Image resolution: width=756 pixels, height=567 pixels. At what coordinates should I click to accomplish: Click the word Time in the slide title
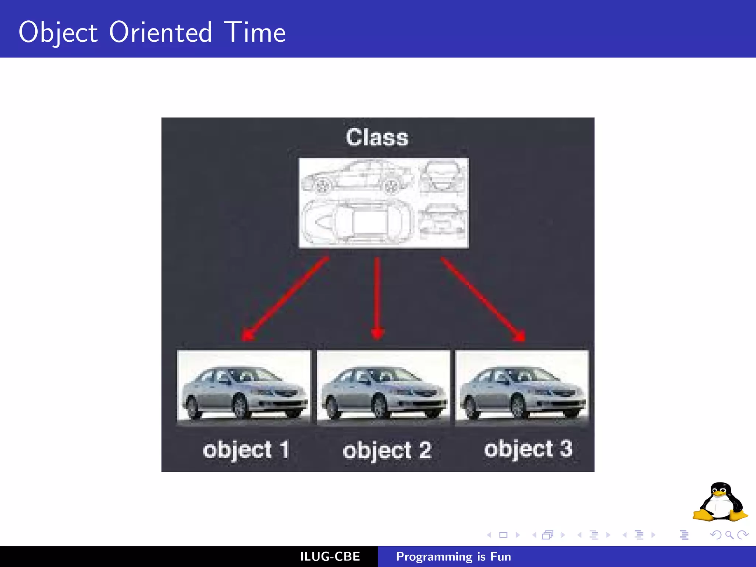point(255,32)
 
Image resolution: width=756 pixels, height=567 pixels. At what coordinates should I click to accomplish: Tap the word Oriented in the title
point(161,32)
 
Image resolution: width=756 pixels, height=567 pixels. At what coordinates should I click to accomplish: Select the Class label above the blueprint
point(377,137)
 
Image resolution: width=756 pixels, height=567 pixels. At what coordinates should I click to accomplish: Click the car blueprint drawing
point(384,203)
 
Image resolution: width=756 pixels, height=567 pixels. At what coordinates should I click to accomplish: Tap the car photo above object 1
point(244,387)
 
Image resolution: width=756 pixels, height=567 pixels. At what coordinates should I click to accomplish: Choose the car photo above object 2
point(383,387)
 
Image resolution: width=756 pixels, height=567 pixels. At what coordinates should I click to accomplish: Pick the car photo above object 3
point(522,387)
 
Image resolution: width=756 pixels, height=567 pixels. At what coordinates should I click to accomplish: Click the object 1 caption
point(246,450)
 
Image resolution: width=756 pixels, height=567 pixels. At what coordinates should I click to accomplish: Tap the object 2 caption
point(387,451)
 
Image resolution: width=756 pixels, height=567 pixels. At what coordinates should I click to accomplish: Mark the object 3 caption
point(528,449)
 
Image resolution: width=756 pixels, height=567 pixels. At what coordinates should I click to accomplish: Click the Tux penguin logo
point(720,502)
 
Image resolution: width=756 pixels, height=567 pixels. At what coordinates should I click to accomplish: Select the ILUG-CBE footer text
point(330,557)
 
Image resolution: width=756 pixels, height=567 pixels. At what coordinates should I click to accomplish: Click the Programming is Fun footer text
point(453,557)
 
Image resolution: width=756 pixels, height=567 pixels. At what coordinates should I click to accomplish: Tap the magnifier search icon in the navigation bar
point(729,535)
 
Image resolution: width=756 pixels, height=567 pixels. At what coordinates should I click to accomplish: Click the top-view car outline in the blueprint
point(356,222)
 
